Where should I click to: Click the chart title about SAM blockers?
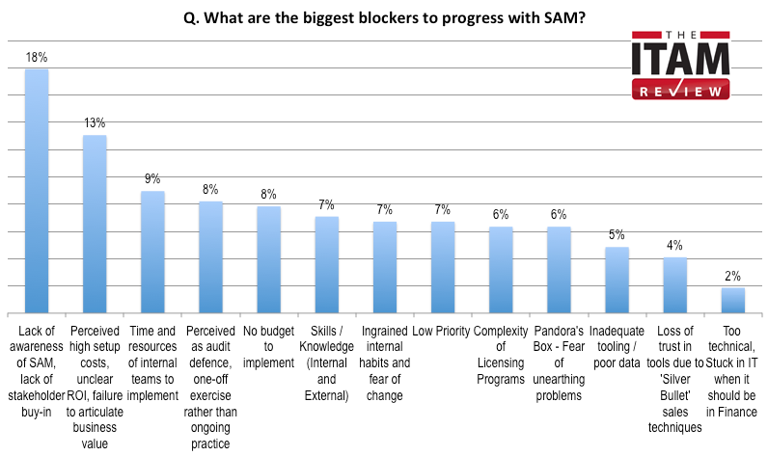pyautogui.click(x=383, y=17)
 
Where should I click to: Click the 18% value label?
pyautogui.click(x=36, y=58)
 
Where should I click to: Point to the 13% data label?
pyautogui.click(x=94, y=123)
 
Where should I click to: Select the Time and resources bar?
pyautogui.click(x=152, y=252)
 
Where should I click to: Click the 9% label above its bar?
pyautogui.click(x=152, y=179)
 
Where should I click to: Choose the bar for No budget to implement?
pyautogui.click(x=268, y=259)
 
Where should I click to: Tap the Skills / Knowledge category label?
pyautogui.click(x=326, y=356)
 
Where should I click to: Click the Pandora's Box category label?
pyautogui.click(x=559, y=363)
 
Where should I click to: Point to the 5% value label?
pyautogui.click(x=617, y=235)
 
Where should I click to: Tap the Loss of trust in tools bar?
pyautogui.click(x=674, y=285)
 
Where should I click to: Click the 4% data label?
pyautogui.click(x=674, y=246)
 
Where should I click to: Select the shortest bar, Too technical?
pyautogui.click(x=732, y=300)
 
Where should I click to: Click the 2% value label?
pyautogui.click(x=732, y=276)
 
